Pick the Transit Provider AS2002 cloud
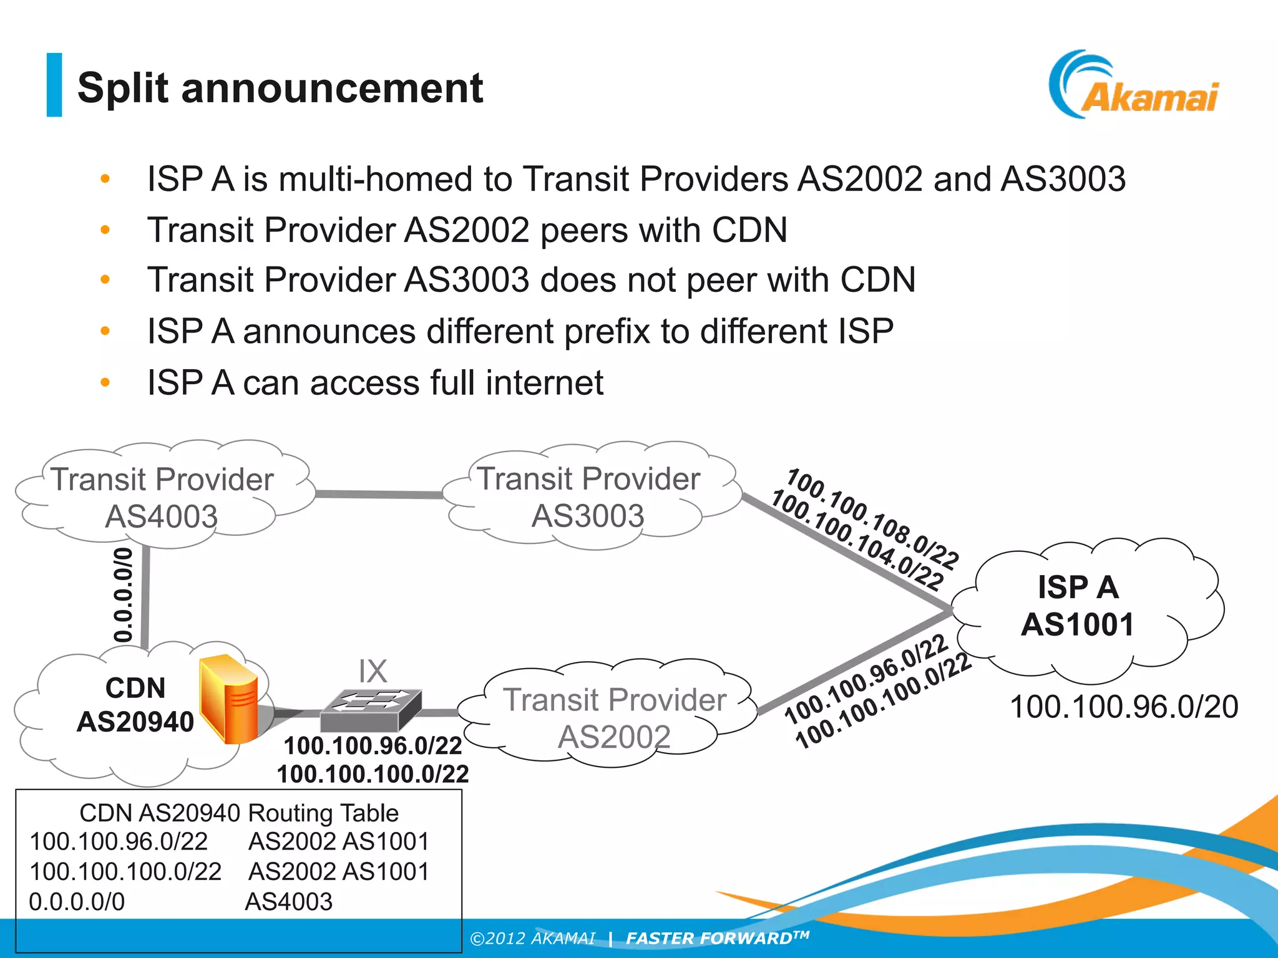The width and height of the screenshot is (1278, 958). pos(614,717)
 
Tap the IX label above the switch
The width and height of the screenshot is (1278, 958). pos(373,671)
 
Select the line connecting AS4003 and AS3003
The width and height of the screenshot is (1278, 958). pos(379,494)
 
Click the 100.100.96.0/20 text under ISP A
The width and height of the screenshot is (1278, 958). pos(1123,707)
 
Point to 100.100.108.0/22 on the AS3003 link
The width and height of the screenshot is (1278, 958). pos(872,519)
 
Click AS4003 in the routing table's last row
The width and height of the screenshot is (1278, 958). pos(289,901)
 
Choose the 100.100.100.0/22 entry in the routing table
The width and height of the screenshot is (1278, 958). pos(125,871)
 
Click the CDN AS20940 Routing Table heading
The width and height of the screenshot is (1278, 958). pos(238,813)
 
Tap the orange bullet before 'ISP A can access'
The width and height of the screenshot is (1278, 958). pos(105,382)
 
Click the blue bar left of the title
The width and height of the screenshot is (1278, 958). pos(54,85)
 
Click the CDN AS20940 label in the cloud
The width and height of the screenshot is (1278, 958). pos(135,705)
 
